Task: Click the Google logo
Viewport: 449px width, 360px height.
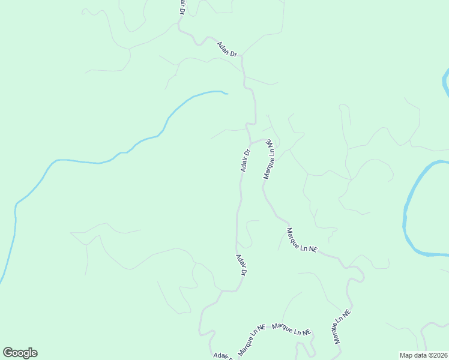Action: [20, 353]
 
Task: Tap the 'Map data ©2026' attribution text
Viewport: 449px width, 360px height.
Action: [424, 355]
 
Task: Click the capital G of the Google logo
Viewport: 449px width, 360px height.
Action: [8, 353]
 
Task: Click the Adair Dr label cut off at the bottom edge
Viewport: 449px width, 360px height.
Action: [222, 356]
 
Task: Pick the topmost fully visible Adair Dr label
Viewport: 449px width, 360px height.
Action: [228, 50]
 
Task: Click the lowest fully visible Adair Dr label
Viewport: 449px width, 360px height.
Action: [241, 265]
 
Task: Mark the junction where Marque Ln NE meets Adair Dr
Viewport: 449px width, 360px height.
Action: [251, 144]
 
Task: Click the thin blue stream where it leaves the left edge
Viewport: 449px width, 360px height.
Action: [2, 280]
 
